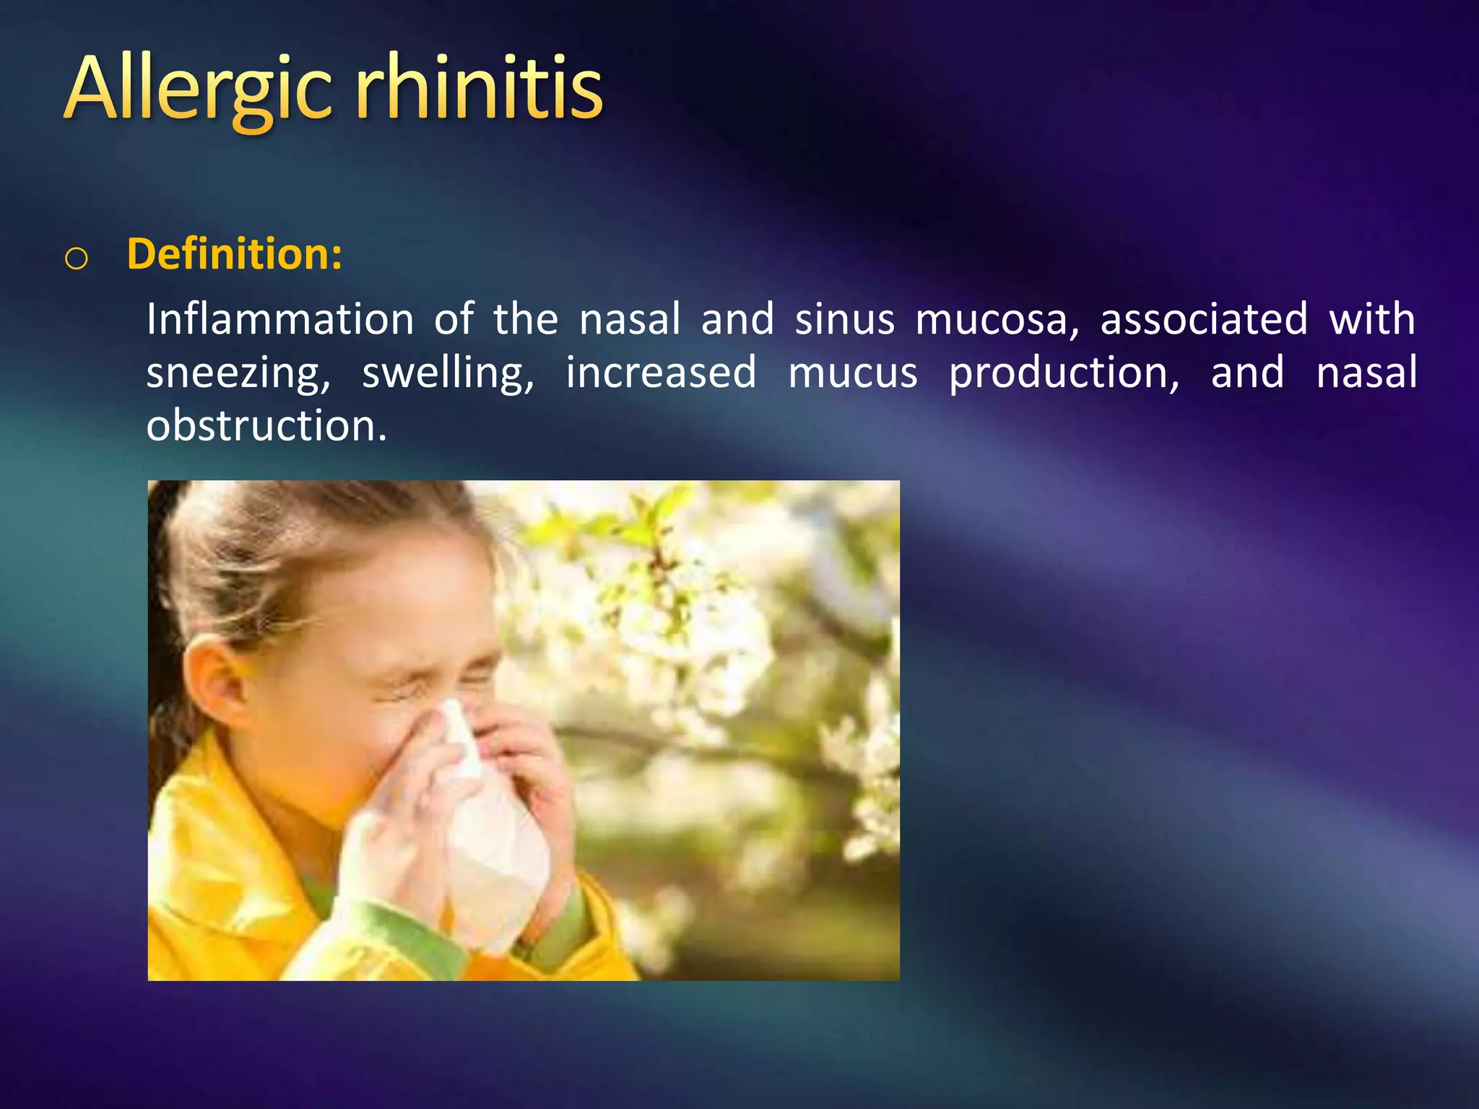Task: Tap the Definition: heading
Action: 234,254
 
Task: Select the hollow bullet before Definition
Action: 77,258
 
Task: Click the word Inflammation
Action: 280,319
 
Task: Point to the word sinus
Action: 844,319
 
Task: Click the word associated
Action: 1203,319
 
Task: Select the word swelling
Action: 448,374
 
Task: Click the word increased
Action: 660,373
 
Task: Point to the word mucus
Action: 852,374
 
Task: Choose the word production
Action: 1064,374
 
